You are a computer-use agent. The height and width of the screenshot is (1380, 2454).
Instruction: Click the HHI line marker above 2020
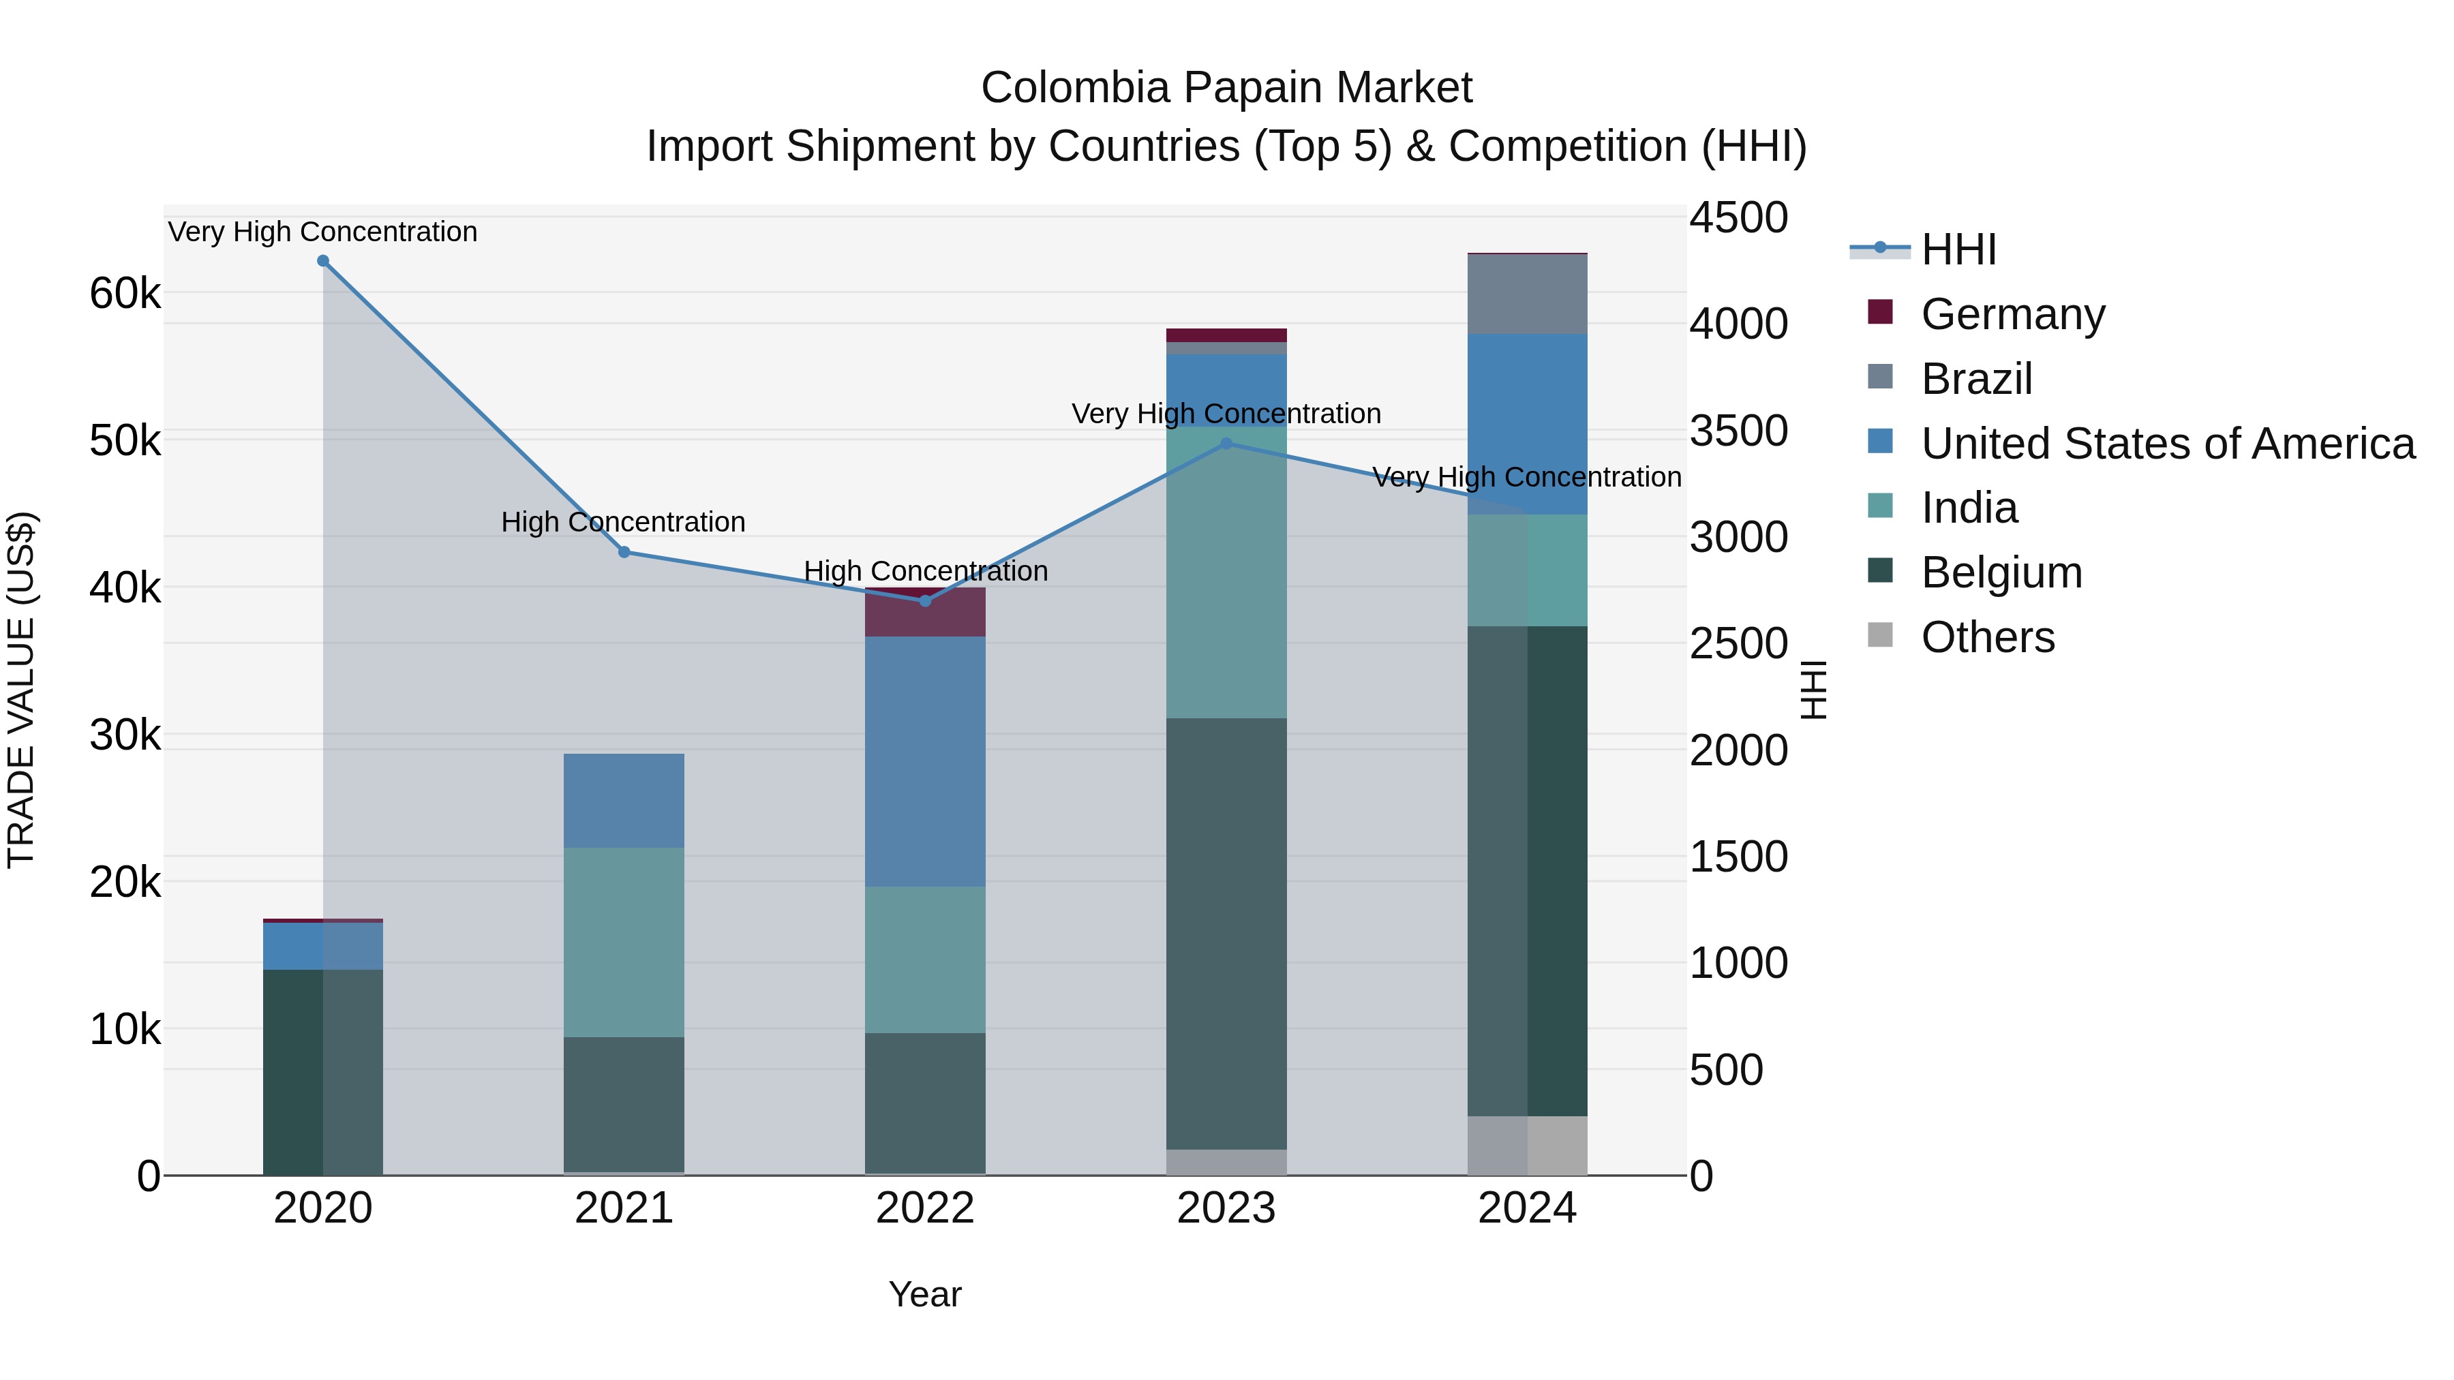tap(323, 261)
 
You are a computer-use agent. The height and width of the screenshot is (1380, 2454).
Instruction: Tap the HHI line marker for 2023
tap(1226, 444)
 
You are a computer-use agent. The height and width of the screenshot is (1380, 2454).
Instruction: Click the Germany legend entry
tap(2012, 314)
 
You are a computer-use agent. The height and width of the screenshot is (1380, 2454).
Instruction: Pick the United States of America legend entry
tap(2167, 444)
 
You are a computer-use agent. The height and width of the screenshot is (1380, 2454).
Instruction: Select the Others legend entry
tap(1987, 637)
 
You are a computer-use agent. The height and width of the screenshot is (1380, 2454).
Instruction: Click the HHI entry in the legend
tap(1958, 249)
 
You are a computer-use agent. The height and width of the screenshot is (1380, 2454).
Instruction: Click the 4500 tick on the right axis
tap(1738, 217)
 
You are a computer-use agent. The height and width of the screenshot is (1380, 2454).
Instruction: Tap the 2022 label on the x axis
tap(925, 1208)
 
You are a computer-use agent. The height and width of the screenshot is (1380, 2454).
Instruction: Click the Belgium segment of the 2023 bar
tap(1226, 934)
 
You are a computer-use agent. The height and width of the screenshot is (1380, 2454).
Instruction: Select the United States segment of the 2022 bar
tap(925, 762)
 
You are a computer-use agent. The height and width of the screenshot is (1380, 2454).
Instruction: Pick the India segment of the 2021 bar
tap(624, 943)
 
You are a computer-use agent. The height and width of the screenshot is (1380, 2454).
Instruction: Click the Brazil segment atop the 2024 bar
tap(1527, 294)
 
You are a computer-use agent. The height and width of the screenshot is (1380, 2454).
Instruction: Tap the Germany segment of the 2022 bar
tap(925, 613)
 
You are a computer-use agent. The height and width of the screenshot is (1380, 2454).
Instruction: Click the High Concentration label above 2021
tap(623, 522)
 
